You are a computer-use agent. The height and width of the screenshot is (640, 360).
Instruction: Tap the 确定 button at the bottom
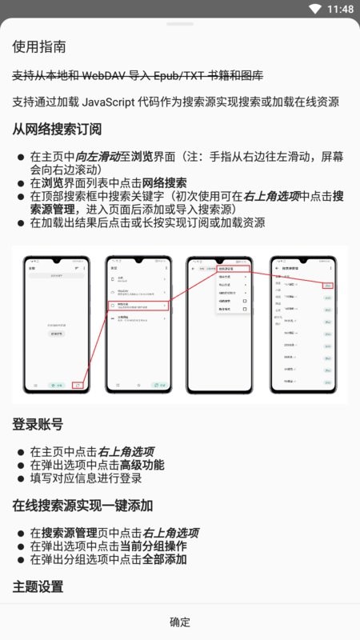click(x=180, y=622)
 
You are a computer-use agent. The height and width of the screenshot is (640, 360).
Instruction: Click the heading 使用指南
click(x=40, y=47)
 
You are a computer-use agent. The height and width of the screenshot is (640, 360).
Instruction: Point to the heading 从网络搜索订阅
click(x=57, y=129)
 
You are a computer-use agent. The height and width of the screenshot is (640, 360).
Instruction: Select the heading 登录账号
click(x=38, y=424)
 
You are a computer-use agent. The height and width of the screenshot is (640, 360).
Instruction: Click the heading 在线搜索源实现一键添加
click(x=82, y=505)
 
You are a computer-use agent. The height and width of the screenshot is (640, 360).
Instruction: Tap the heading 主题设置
click(x=38, y=586)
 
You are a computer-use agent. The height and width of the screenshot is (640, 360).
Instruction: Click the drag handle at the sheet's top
click(x=180, y=24)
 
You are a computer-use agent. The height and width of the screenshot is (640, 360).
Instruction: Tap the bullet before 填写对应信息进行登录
click(x=21, y=478)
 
